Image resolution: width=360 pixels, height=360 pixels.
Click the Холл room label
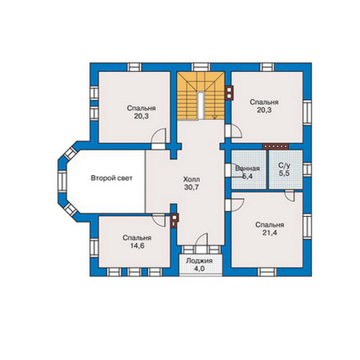pyautogui.click(x=191, y=179)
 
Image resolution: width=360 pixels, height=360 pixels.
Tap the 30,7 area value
pyautogui.click(x=191, y=187)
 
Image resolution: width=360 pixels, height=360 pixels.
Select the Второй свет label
pyautogui.click(x=111, y=178)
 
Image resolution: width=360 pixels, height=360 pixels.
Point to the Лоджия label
pyautogui.click(x=200, y=261)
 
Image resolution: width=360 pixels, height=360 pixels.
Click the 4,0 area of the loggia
pyautogui.click(x=200, y=268)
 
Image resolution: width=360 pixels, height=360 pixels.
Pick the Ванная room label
pyautogui.click(x=247, y=169)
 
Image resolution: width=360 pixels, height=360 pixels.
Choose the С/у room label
pyautogui.click(x=284, y=165)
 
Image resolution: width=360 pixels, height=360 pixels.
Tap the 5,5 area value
pyautogui.click(x=284, y=173)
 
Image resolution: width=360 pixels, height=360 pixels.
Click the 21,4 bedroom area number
pyautogui.click(x=270, y=232)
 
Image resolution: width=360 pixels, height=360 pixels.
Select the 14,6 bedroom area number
pyautogui.click(x=137, y=245)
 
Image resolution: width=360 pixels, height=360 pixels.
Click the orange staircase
pyautogui.click(x=200, y=96)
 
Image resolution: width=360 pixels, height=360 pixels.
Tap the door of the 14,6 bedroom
pyautogui.click(x=159, y=220)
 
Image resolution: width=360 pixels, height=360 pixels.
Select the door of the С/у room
pyautogui.click(x=290, y=196)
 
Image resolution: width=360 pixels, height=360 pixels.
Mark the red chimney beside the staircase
pyautogui.click(x=230, y=92)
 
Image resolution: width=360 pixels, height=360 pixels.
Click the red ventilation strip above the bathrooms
pyautogui.click(x=276, y=146)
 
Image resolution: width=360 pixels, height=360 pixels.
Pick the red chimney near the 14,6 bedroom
pyautogui.click(x=174, y=220)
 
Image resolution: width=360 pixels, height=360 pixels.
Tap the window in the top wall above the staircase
pyautogui.click(x=200, y=67)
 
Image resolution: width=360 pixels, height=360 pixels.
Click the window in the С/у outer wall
pyautogui.click(x=307, y=169)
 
